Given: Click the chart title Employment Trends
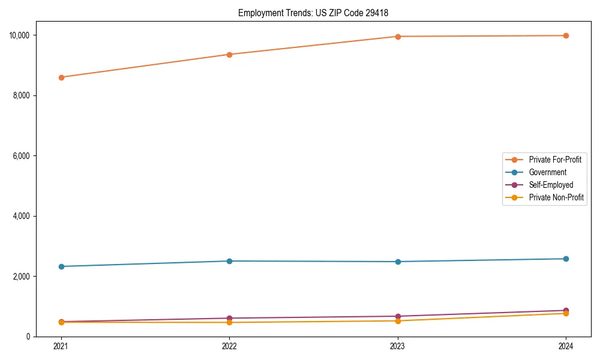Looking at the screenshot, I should click(x=317, y=13).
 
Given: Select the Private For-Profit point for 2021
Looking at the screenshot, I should click(x=61, y=77).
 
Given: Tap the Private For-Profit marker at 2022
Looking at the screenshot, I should click(x=229, y=55).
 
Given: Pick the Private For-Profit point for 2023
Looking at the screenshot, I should click(x=398, y=37).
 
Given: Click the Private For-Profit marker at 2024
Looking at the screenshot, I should click(x=566, y=35).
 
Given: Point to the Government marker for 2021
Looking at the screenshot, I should click(x=61, y=266).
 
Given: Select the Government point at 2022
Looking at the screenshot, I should click(x=229, y=261).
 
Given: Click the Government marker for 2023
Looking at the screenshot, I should click(x=398, y=262).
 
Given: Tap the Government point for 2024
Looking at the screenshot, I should click(x=566, y=259).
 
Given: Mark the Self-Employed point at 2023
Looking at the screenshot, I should click(x=398, y=316).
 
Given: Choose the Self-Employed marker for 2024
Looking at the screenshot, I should click(x=566, y=310).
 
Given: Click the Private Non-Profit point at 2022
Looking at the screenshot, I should click(x=229, y=322).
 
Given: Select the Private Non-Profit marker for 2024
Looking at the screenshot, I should click(x=566, y=313).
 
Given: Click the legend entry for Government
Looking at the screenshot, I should click(x=547, y=172).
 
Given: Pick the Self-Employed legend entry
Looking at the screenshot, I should click(x=551, y=185).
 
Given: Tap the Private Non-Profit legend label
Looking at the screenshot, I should click(x=556, y=197).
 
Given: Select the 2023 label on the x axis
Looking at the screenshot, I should click(x=398, y=346).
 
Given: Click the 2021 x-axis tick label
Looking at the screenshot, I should click(x=61, y=346).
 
